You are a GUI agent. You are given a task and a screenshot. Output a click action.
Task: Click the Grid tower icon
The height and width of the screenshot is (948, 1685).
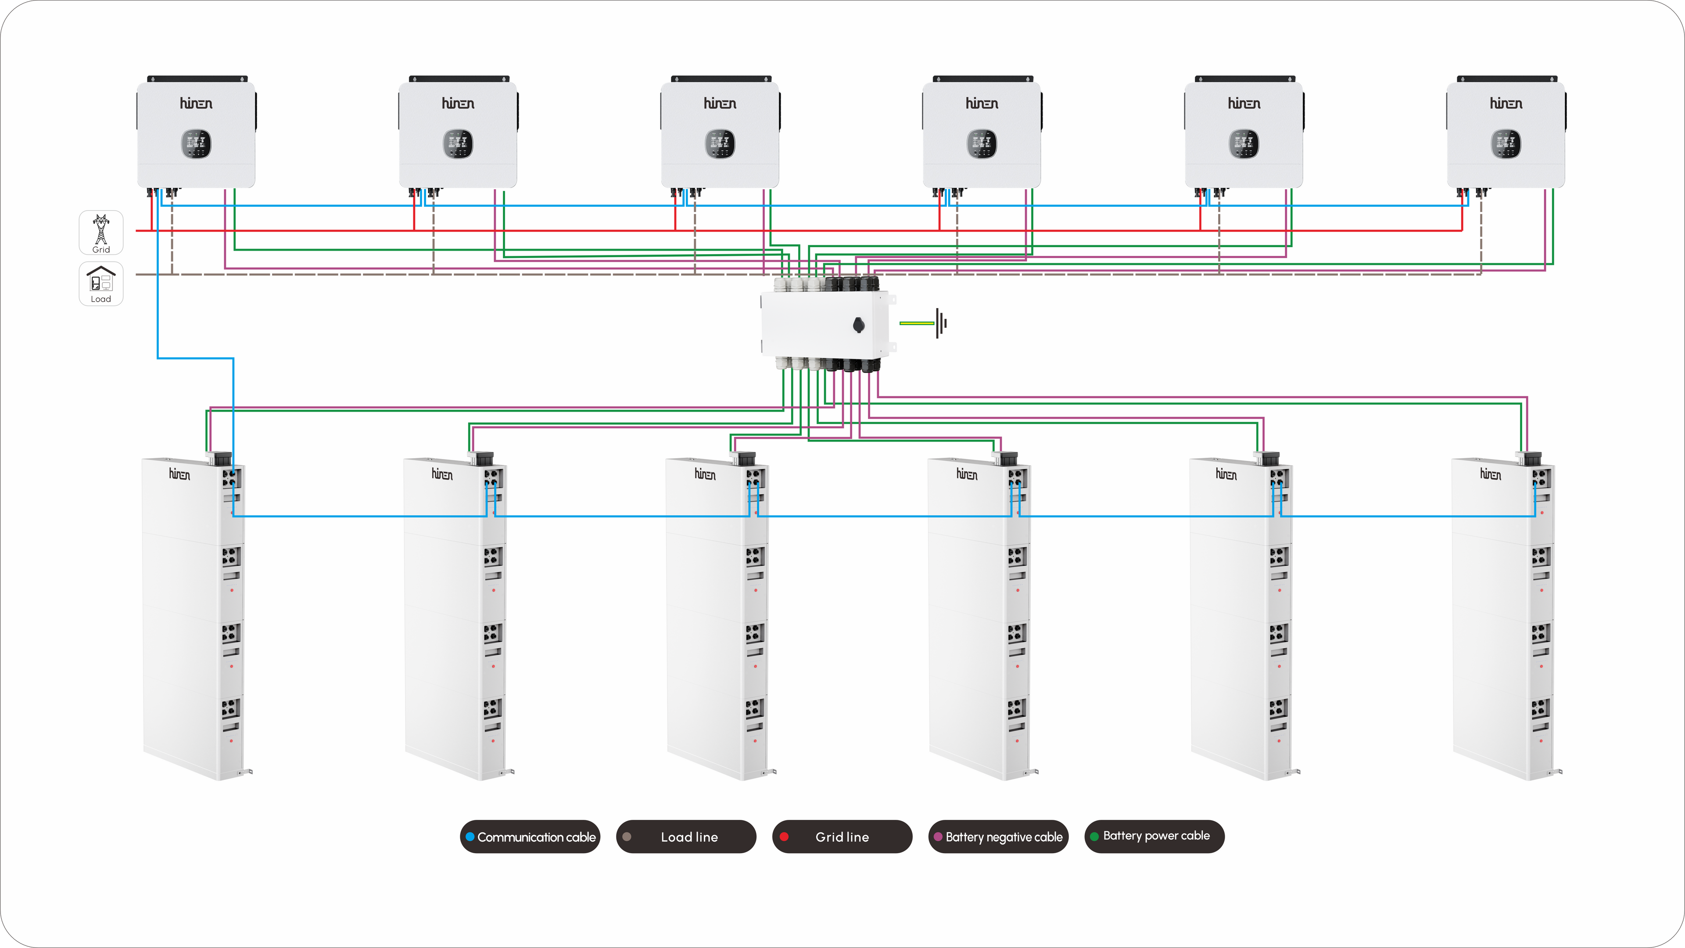[x=101, y=229]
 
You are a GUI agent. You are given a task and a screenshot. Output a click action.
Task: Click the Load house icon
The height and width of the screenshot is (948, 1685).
[x=101, y=280]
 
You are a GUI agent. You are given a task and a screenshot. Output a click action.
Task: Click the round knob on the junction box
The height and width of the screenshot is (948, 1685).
[x=859, y=325]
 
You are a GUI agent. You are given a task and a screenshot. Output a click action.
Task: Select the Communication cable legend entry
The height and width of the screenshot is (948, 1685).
[x=530, y=837]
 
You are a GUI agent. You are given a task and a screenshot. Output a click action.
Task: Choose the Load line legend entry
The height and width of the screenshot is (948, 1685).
[x=686, y=837]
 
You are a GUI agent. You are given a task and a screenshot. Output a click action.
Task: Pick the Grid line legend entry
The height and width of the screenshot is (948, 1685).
[x=842, y=837]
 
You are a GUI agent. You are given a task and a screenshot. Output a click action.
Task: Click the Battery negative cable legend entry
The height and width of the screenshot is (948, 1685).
[x=998, y=837]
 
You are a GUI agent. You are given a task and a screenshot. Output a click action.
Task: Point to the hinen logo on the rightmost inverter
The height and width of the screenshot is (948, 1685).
[x=1506, y=104]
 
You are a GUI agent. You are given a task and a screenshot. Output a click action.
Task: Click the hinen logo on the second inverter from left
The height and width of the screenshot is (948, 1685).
[x=458, y=104]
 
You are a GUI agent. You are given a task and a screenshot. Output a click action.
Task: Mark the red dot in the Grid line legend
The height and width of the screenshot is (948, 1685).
[x=784, y=837]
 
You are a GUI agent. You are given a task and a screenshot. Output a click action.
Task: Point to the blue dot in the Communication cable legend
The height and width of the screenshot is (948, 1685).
[x=470, y=837]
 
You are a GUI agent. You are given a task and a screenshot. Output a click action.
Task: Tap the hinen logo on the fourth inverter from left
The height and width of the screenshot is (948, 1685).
[x=982, y=104]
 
